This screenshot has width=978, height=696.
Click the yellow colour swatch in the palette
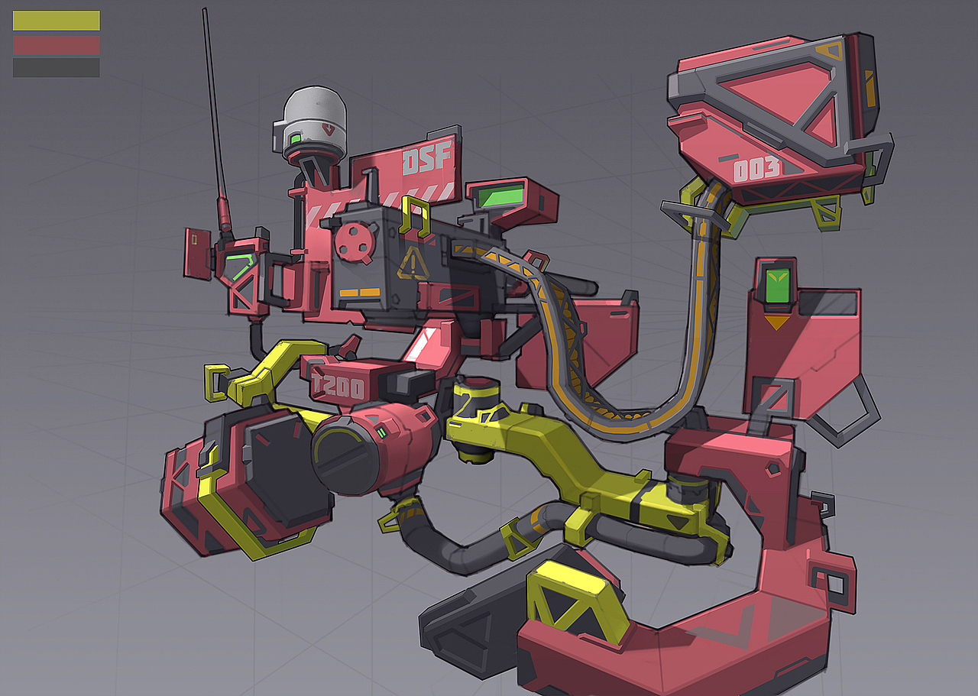[x=57, y=21]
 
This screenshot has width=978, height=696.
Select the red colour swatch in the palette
[x=57, y=45]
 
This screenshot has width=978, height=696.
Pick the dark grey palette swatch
[x=57, y=68]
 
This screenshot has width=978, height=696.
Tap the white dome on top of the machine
[x=314, y=117]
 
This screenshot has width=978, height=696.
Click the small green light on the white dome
[x=296, y=139]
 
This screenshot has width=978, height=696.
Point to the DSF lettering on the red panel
[x=426, y=158]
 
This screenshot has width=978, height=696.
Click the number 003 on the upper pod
[x=756, y=170]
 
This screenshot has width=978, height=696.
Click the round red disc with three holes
[x=355, y=243]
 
